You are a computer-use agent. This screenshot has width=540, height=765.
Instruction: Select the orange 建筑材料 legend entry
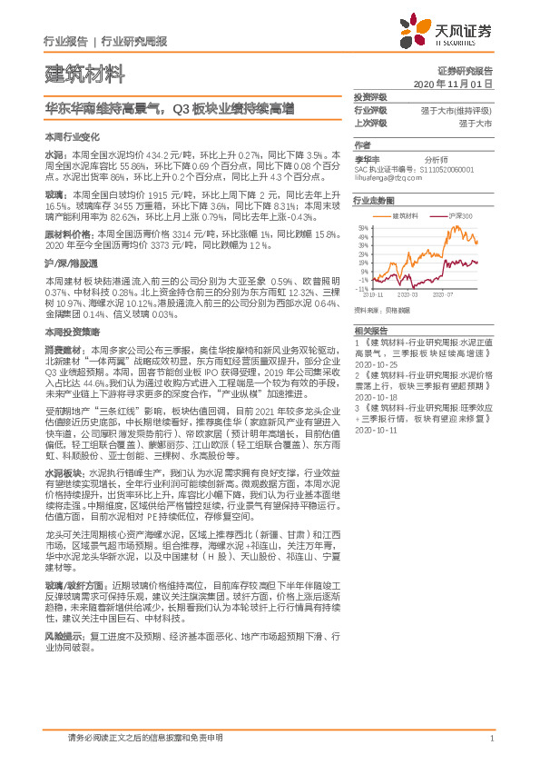click(x=402, y=215)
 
